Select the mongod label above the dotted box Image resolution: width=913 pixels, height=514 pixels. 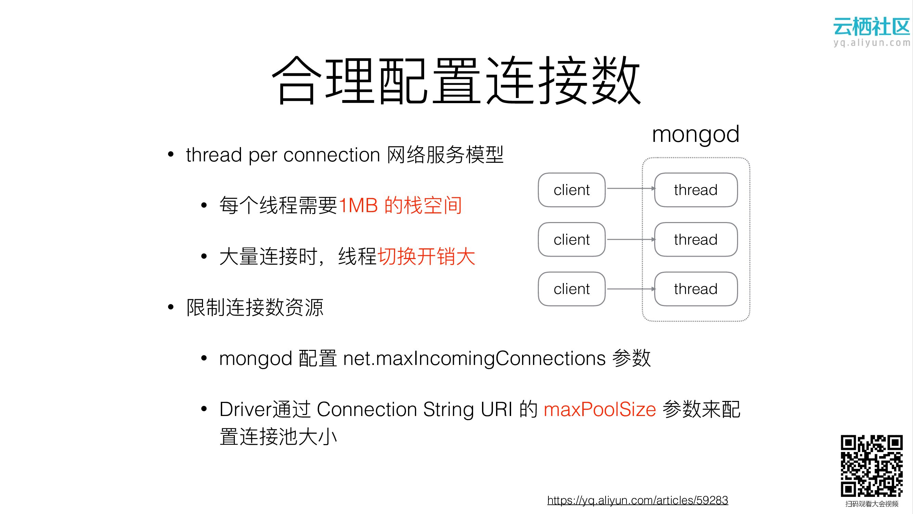(x=695, y=134)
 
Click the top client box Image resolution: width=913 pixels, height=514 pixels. (x=571, y=190)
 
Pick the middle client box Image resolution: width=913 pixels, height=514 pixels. (x=571, y=240)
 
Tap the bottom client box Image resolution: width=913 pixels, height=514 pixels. (x=571, y=289)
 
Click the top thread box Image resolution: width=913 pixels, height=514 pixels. (x=696, y=190)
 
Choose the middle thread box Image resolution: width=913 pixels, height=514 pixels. (x=696, y=240)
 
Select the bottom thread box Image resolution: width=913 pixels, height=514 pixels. (x=696, y=289)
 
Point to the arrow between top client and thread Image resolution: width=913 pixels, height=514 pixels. (x=630, y=188)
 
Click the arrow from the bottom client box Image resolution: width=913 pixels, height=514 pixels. (x=630, y=289)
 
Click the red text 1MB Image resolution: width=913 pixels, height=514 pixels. (x=358, y=205)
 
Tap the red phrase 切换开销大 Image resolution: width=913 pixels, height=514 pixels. (x=426, y=256)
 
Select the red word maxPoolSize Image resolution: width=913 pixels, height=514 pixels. (x=600, y=409)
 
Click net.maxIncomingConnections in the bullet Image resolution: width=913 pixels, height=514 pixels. (x=474, y=358)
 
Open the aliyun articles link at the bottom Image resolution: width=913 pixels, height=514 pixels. (x=637, y=500)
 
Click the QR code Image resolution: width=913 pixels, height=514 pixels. (x=872, y=466)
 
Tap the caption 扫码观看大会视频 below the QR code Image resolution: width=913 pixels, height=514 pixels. (x=872, y=504)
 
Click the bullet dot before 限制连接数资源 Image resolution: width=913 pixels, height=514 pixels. (x=171, y=307)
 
